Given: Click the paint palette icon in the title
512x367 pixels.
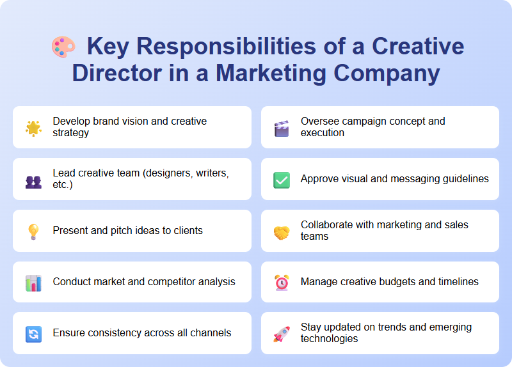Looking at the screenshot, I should pyautogui.click(x=63, y=47).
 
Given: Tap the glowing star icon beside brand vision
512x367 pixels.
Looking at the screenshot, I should pyautogui.click(x=33, y=127).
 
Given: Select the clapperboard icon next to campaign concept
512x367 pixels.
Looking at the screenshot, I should pyautogui.click(x=282, y=127).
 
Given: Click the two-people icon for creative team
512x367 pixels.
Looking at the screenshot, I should pyautogui.click(x=33, y=180).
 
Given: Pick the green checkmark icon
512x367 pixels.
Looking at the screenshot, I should pyautogui.click(x=282, y=180).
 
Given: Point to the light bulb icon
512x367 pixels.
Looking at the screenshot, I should pyautogui.click(x=33, y=231).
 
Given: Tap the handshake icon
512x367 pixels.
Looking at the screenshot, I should pyautogui.click(x=282, y=231).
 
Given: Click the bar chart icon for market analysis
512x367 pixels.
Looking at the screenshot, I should pyautogui.click(x=33, y=283).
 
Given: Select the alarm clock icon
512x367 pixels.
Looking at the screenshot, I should pyautogui.click(x=282, y=283).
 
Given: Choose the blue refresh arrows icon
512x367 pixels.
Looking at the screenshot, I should pyautogui.click(x=33, y=333).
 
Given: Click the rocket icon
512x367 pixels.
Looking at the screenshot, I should pyautogui.click(x=282, y=333).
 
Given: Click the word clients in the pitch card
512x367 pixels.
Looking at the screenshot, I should pyautogui.click(x=186, y=230).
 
